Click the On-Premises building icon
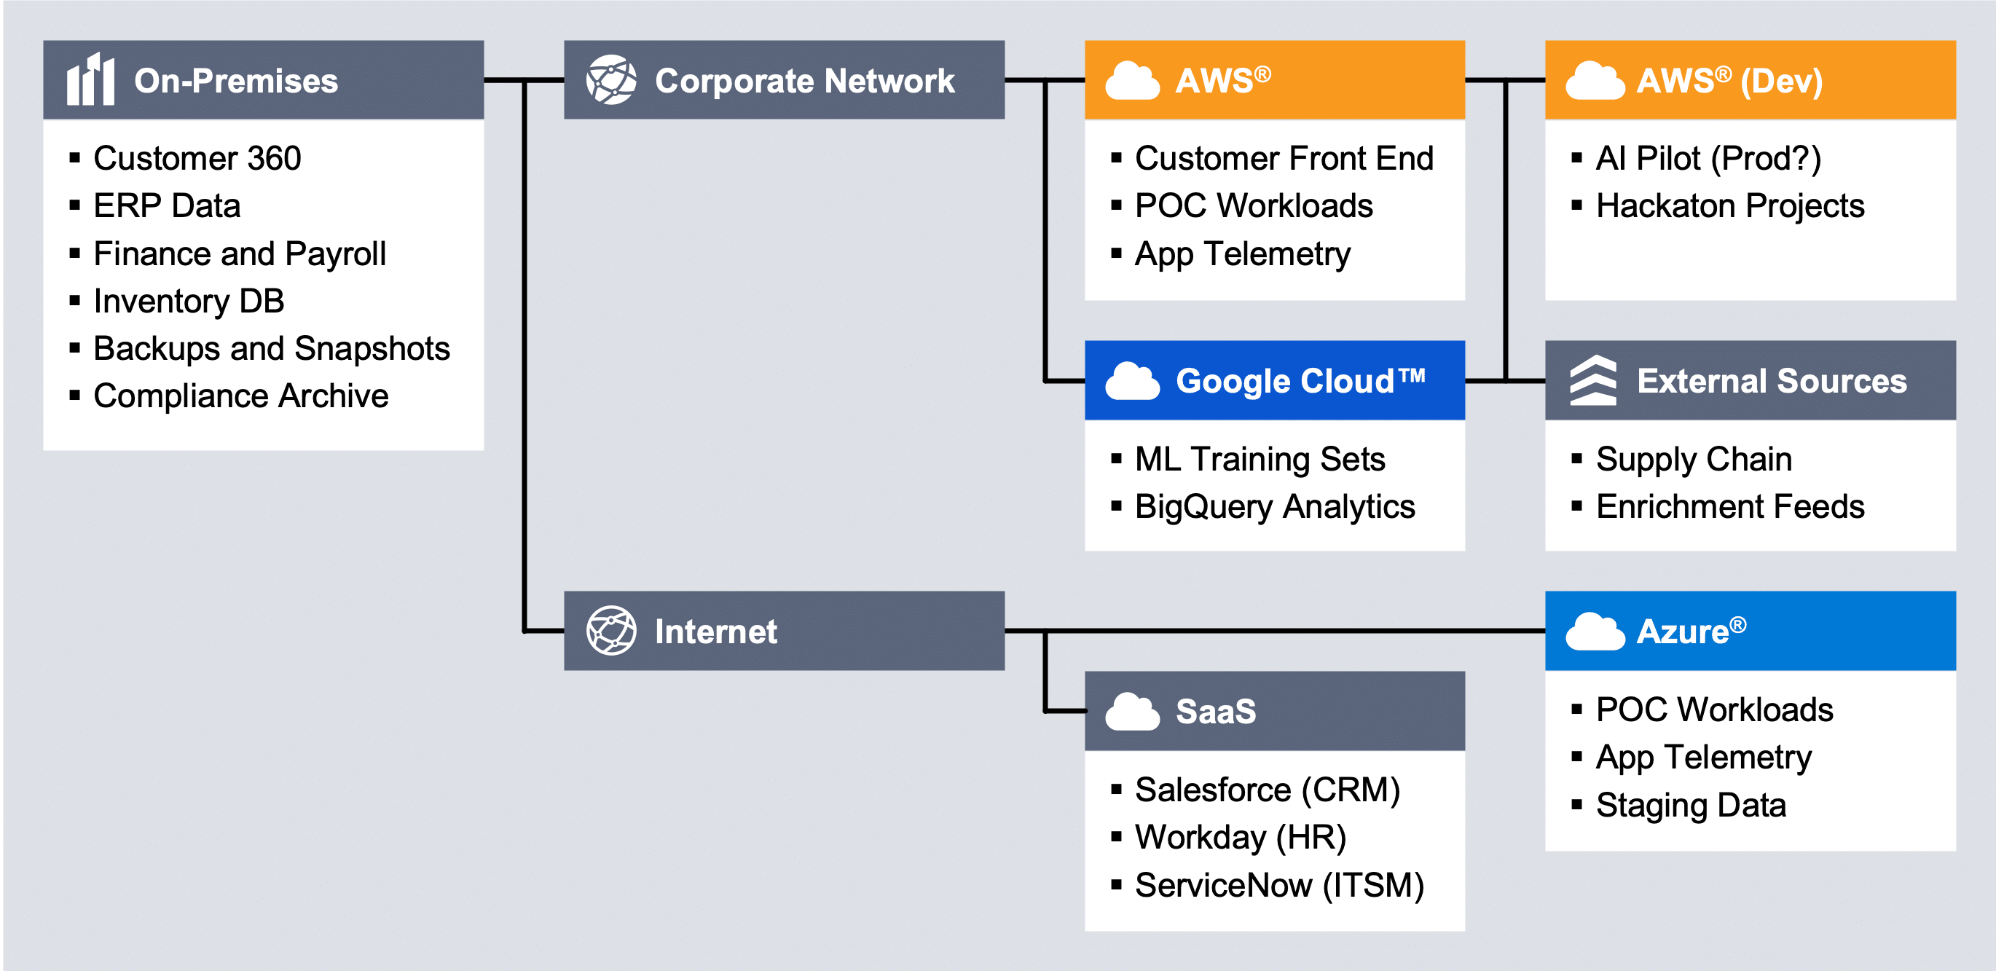point(90,79)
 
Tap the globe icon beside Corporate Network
point(611,79)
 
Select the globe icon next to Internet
point(611,631)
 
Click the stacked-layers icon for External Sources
point(1593,380)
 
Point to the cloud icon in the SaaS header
point(1132,712)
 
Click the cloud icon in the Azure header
point(1595,632)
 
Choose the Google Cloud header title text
point(1301,380)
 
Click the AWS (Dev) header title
point(1729,80)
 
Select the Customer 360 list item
point(197,158)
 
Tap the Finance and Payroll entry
point(240,253)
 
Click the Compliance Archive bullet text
point(241,396)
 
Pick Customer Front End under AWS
point(1284,158)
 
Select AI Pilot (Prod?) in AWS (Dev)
point(1708,158)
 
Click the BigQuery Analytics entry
point(1275,507)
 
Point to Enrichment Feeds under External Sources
point(1729,507)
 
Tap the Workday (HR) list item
point(1241,838)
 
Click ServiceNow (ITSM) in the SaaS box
point(1279,885)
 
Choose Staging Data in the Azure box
point(1691,805)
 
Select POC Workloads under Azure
point(1714,709)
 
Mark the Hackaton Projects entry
point(1729,206)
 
